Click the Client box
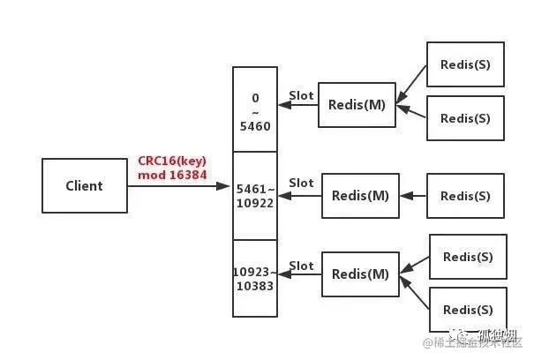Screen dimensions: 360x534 point(84,186)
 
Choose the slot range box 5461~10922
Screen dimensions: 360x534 point(255,196)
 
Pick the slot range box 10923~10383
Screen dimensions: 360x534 point(255,279)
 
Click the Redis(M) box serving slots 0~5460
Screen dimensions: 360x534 point(357,105)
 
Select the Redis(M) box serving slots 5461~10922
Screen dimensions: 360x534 point(359,196)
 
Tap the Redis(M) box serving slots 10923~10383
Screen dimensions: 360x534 point(359,274)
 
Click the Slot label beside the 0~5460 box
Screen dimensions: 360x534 point(301,95)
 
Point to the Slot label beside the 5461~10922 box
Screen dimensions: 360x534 point(301,184)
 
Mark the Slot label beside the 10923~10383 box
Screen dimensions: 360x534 point(301,266)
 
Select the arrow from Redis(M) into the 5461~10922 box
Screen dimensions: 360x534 point(299,196)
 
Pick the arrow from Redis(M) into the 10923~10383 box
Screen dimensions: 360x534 point(299,275)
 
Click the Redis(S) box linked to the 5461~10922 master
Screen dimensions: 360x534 point(464,196)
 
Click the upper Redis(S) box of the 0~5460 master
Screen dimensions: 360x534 point(464,64)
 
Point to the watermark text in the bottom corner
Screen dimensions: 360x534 point(477,341)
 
